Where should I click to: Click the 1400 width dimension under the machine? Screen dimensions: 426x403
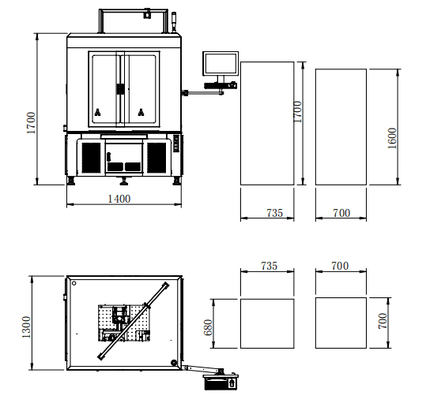[119, 199]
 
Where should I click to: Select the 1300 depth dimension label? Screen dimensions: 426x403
[26, 327]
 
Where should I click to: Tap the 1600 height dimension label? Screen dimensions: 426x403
[392, 138]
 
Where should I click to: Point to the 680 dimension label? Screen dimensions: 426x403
[208, 327]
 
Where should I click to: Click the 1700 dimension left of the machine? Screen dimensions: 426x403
[31, 123]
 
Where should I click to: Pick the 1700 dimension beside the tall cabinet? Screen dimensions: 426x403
[297, 112]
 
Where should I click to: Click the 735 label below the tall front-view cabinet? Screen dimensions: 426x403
[275, 213]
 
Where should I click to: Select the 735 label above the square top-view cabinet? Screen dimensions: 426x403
[270, 266]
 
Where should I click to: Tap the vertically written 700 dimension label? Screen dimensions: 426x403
[383, 321]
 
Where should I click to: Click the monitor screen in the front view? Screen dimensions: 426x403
[221, 63]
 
